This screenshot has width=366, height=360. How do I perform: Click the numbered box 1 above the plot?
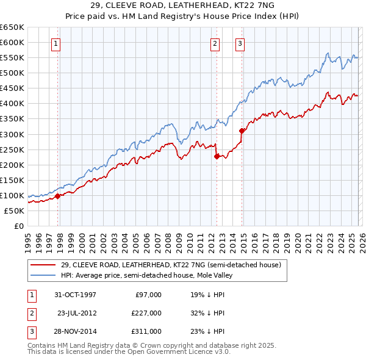56,43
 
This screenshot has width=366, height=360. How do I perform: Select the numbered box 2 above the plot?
215,43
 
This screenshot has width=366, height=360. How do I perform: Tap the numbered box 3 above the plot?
240,43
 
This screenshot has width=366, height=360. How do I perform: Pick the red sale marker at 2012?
217,156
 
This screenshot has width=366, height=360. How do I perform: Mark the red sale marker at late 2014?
242,131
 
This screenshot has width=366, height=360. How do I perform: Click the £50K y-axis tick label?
15,211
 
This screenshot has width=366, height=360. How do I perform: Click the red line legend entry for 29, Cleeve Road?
170,265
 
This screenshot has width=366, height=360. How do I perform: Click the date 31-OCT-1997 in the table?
75,294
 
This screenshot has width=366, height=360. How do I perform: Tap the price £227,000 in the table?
147,312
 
